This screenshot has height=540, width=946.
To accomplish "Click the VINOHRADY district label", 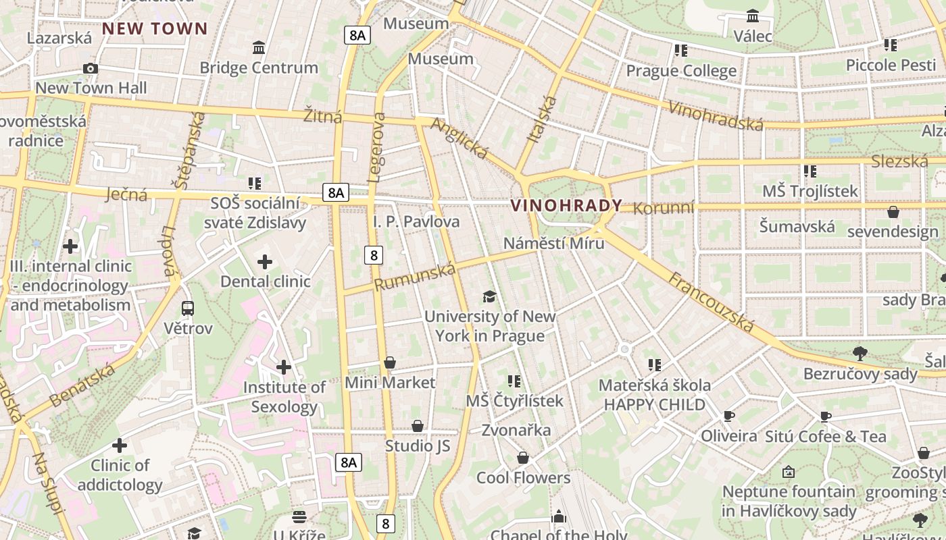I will (566, 205).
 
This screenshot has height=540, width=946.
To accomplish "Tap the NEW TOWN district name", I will (155, 28).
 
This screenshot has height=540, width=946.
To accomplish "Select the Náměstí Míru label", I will (554, 243).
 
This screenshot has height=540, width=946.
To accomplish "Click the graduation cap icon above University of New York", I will (489, 296).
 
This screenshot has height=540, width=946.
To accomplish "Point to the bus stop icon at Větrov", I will (188, 308).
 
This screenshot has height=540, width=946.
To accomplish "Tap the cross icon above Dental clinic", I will (265, 262).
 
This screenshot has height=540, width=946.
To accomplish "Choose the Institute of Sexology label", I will (284, 397).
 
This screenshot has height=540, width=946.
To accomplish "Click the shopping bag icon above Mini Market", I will (390, 363).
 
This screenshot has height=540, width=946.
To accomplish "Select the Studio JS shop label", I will (418, 446).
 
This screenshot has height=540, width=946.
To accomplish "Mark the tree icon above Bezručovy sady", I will (860, 353).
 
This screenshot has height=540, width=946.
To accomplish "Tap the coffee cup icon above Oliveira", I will (728, 416).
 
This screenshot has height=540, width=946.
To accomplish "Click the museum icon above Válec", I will (753, 16).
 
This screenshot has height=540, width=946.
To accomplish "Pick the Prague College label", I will (681, 71).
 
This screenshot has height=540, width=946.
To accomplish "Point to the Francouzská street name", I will (711, 302).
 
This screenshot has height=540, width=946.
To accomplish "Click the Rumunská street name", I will (415, 277).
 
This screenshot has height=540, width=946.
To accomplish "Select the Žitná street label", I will (323, 115).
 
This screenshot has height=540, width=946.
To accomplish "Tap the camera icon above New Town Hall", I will (91, 68).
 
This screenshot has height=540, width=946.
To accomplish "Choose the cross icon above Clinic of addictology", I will (120, 446).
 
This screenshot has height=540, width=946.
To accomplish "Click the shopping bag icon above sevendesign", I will (893, 212).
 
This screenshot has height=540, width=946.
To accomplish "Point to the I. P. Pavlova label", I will (416, 221).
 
